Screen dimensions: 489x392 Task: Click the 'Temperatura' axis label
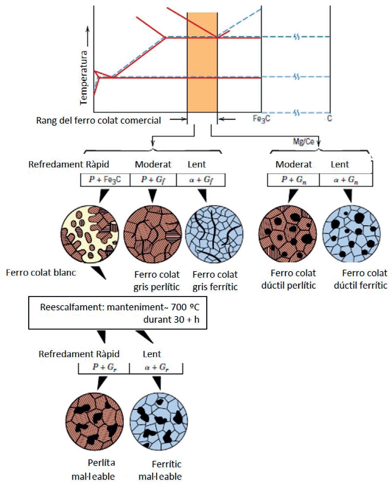click(84, 78)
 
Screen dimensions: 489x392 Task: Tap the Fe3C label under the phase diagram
click(261, 119)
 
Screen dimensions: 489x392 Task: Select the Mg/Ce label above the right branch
click(303, 141)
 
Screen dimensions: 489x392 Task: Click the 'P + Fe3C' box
click(105, 180)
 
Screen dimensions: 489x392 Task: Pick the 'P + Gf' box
click(153, 180)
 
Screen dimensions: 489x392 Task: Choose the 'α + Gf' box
click(201, 180)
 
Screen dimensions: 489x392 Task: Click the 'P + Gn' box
click(293, 180)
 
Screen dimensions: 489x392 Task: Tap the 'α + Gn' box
click(346, 180)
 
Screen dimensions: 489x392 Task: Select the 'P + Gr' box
click(104, 367)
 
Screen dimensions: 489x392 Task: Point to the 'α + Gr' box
click(156, 367)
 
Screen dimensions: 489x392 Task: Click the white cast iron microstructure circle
click(90, 234)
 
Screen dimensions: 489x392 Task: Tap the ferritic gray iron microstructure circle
click(214, 234)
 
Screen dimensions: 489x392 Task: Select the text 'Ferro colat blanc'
click(41, 272)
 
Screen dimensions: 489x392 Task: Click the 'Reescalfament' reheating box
click(117, 313)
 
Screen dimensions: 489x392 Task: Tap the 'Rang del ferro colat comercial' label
click(98, 120)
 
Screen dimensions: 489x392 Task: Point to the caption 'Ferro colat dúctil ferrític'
click(361, 279)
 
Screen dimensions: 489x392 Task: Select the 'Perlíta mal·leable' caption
click(94, 469)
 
